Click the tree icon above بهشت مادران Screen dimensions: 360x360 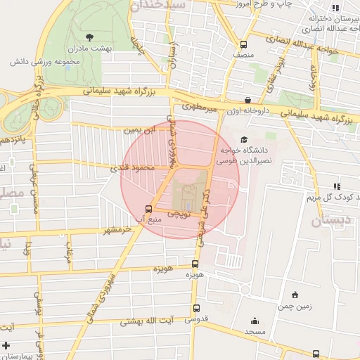89,37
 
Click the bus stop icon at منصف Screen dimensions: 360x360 243,43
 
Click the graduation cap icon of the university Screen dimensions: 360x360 244,139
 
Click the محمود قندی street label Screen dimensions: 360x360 129,168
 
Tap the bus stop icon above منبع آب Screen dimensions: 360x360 148,208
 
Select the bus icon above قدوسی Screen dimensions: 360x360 195,308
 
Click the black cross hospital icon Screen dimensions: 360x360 6,345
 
